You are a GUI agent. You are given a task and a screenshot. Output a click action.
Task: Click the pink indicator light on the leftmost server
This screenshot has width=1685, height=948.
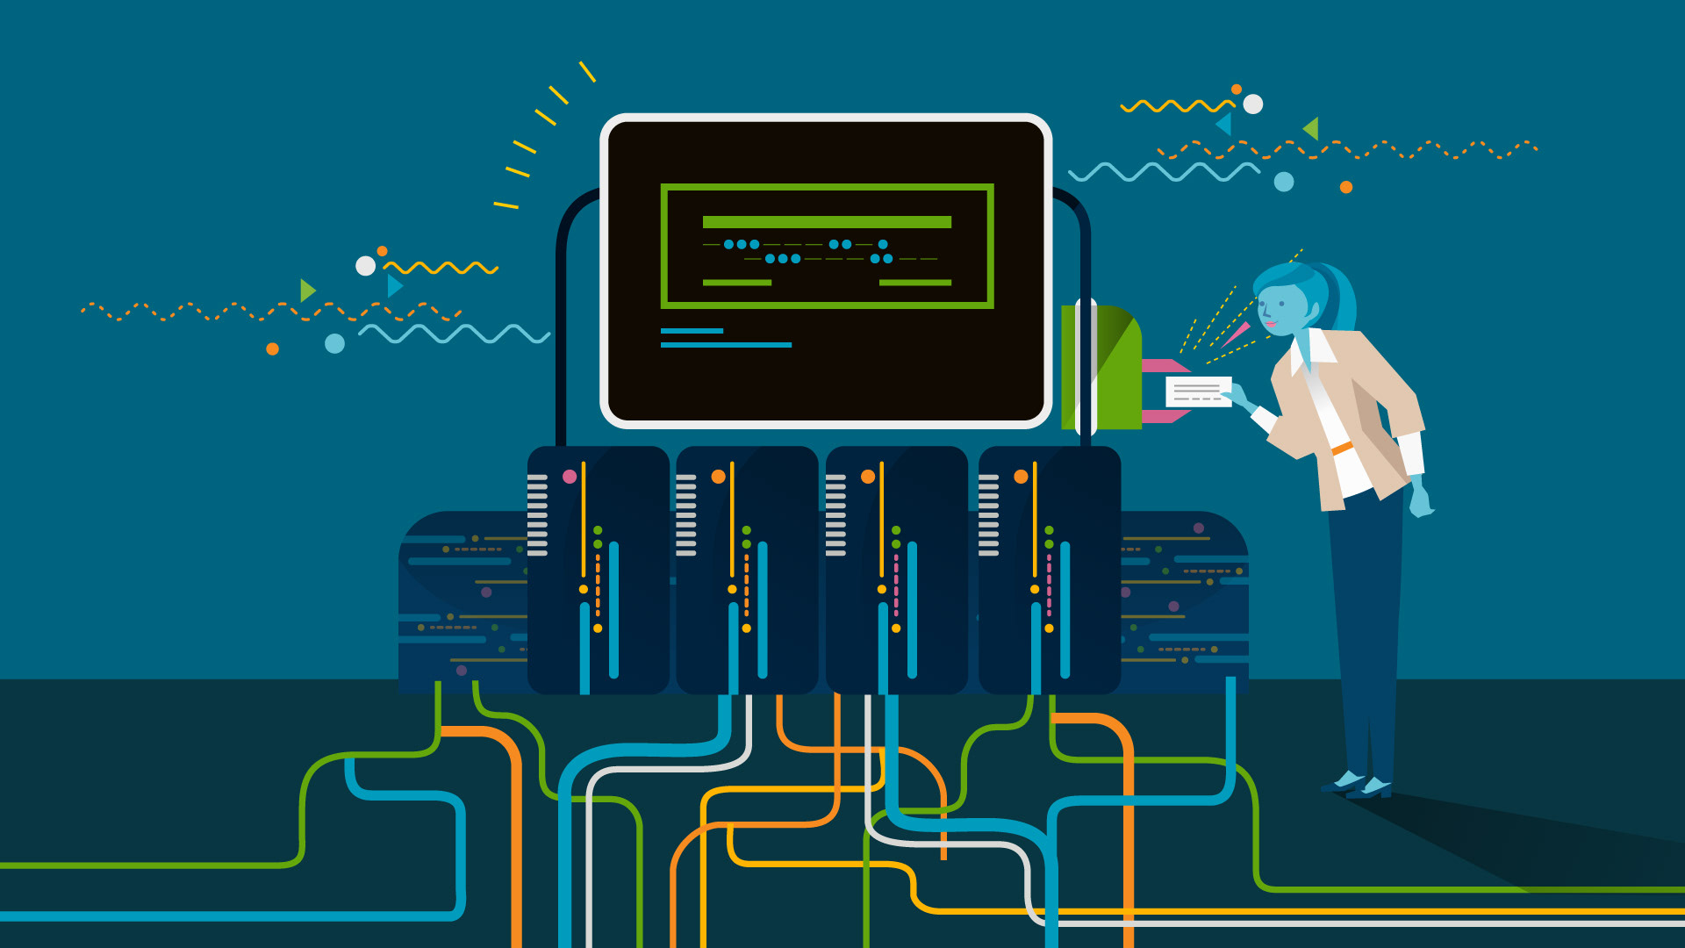tap(570, 477)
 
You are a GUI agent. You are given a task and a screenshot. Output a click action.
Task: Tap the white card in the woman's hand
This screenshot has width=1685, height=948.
tap(1198, 391)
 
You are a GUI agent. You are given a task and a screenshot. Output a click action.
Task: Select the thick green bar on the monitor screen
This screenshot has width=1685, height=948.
tap(827, 222)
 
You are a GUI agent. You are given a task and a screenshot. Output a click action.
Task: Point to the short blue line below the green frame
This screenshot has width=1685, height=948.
tap(692, 331)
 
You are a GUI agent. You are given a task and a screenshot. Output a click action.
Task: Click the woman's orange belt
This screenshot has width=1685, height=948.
tap(1342, 449)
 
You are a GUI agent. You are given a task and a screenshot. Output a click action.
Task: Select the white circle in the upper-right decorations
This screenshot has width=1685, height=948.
tap(1253, 104)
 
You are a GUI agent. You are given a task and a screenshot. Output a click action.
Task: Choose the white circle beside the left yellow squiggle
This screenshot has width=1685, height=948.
tap(365, 266)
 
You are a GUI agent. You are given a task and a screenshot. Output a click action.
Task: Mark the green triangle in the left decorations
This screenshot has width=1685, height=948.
tap(306, 291)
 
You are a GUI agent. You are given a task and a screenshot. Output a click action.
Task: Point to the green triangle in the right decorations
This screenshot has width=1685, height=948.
tap(1312, 128)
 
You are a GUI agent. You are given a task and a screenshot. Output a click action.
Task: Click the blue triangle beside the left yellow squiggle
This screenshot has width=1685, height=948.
tap(394, 286)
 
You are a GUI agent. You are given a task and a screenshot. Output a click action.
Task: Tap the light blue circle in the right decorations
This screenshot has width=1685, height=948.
tap(1284, 182)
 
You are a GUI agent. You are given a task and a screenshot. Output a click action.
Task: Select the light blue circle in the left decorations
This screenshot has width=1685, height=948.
tap(334, 343)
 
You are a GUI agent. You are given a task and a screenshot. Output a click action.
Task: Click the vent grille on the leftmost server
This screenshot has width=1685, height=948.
tap(537, 515)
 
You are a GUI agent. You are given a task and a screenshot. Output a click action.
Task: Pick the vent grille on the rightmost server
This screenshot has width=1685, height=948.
tap(988, 515)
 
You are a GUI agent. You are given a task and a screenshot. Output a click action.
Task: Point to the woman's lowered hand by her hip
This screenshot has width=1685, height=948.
tap(1419, 500)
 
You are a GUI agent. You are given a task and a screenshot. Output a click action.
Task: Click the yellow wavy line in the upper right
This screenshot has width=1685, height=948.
tap(1176, 107)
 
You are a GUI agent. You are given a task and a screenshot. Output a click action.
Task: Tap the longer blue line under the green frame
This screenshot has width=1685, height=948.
tap(726, 345)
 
